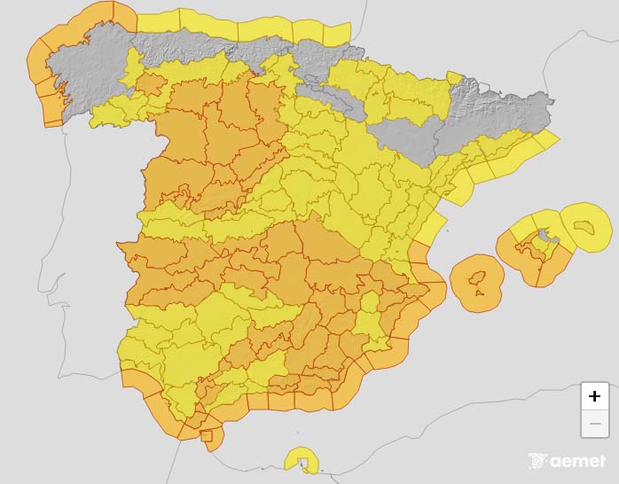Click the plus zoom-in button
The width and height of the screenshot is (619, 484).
coord(594,396)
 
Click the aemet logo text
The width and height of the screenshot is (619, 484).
coord(577,461)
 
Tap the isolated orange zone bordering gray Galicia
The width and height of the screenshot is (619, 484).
coord(151,85)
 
